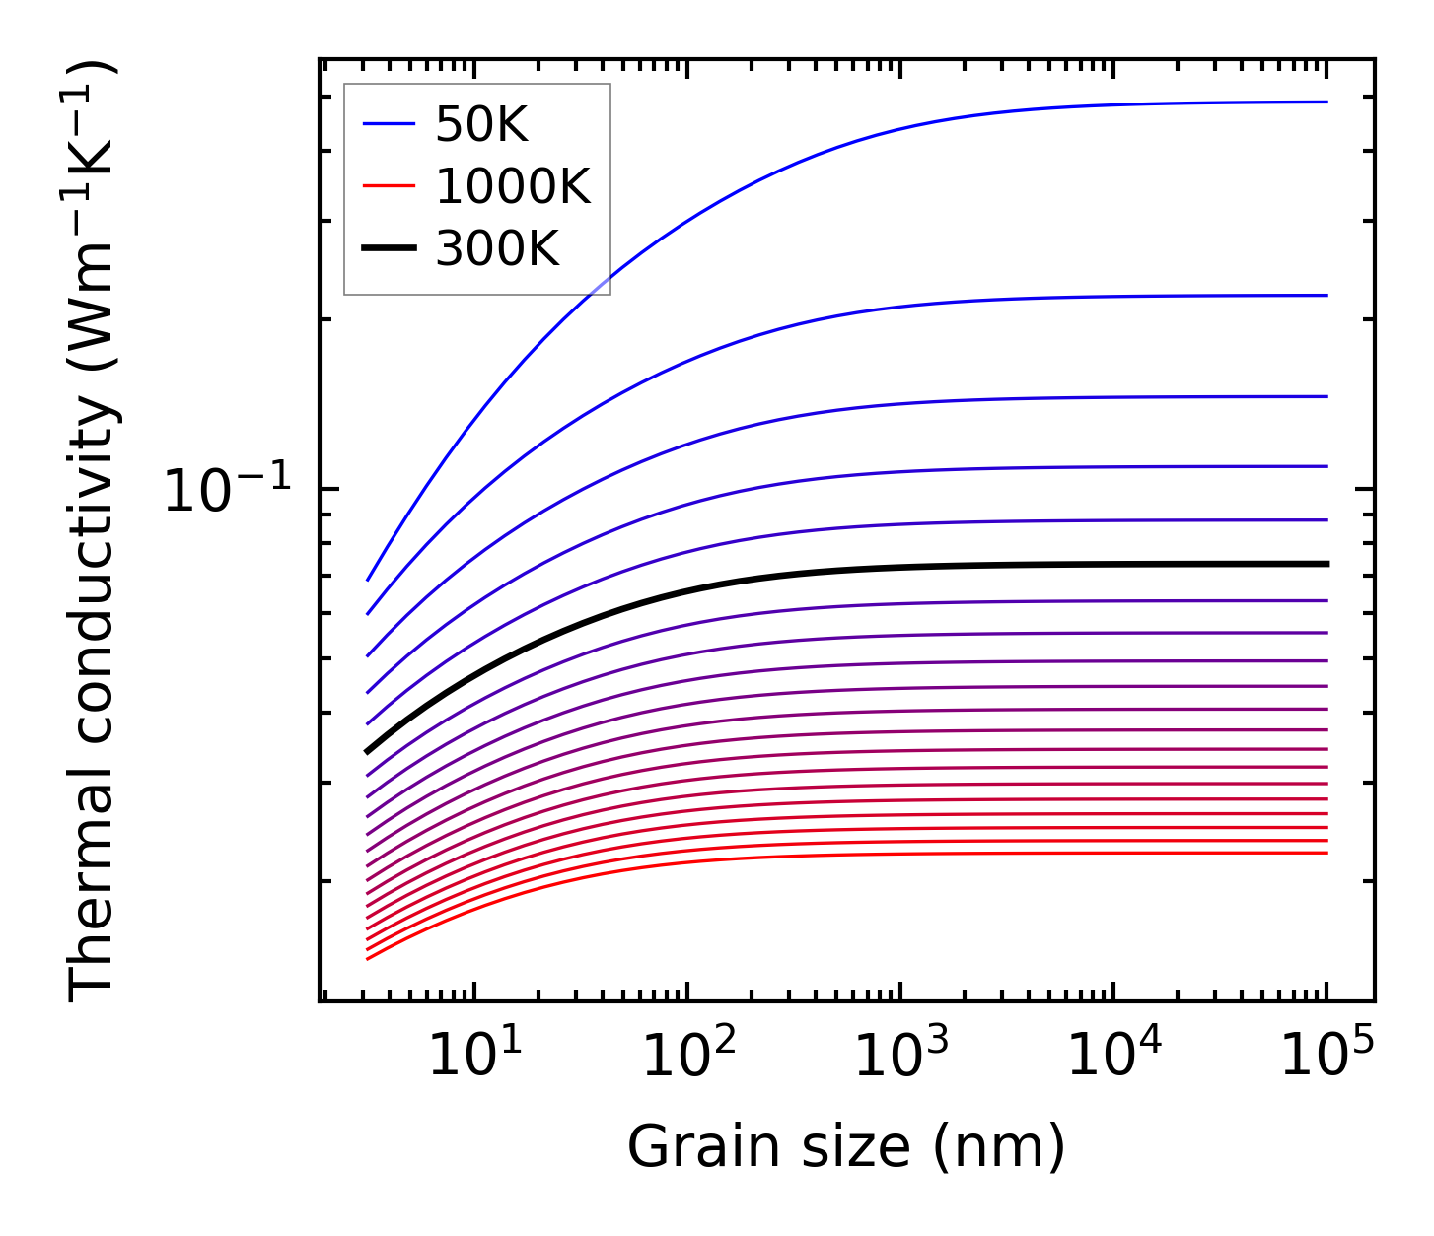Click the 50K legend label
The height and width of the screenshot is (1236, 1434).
click(481, 125)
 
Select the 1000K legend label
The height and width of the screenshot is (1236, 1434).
click(512, 186)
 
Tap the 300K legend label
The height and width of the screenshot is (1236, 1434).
click(497, 248)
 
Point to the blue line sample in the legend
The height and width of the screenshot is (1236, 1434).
click(390, 124)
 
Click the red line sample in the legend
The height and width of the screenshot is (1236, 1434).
click(390, 186)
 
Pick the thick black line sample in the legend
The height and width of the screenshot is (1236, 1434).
click(390, 248)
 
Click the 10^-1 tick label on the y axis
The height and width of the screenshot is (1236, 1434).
click(228, 489)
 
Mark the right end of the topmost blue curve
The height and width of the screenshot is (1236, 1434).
click(1326, 102)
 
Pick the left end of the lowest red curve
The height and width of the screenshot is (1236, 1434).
click(367, 958)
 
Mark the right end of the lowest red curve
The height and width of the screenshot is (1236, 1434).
click(1326, 853)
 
